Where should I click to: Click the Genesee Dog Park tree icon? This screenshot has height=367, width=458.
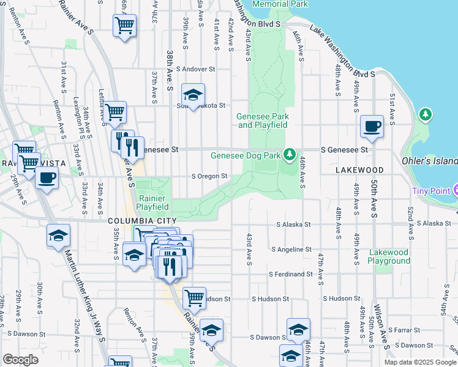pyautogui.click(x=293, y=155)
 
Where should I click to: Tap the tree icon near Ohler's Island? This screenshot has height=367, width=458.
pyautogui.click(x=425, y=114)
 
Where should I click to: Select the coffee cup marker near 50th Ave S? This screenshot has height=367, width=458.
pyautogui.click(x=372, y=127)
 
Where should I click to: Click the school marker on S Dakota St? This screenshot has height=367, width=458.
pyautogui.click(x=193, y=95)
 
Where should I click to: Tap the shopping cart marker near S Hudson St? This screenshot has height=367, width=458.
pyautogui.click(x=194, y=298)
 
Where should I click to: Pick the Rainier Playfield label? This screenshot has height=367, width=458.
pyautogui.click(x=152, y=202)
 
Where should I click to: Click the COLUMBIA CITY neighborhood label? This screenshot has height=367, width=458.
pyautogui.click(x=142, y=221)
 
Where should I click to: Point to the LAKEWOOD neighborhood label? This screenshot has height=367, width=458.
pyautogui.click(x=359, y=170)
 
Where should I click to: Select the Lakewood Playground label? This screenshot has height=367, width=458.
pyautogui.click(x=389, y=256)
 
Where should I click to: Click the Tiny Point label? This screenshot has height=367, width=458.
pyautogui.click(x=431, y=190)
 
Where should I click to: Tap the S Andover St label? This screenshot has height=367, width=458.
pyautogui.click(x=196, y=69)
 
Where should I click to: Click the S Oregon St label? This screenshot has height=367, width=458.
pyautogui.click(x=209, y=176)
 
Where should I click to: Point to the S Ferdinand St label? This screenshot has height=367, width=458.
pyautogui.click(x=291, y=274)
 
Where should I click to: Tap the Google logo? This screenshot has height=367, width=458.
pyautogui.click(x=20, y=360)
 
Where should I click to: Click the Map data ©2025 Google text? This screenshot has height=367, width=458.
pyautogui.click(x=419, y=362)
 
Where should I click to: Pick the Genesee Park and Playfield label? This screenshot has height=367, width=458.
pyautogui.click(x=263, y=120)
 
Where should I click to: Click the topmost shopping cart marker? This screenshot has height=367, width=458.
pyautogui.click(x=124, y=26)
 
